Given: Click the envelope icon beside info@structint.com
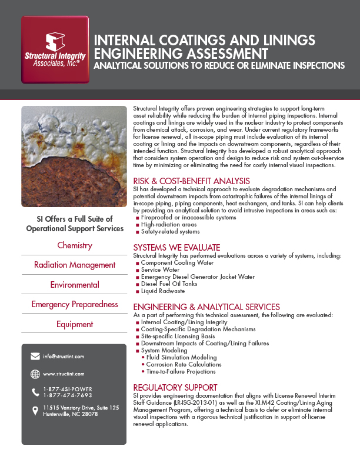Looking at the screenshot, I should click(35, 357).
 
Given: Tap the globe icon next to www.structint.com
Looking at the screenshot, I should click(35, 374).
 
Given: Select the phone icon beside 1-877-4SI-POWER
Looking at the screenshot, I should click(35, 392).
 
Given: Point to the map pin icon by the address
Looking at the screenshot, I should click(35, 410).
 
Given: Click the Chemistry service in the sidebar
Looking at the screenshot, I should click(75, 245).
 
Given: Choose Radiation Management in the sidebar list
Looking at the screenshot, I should click(75, 265).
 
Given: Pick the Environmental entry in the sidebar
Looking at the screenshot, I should click(75, 285).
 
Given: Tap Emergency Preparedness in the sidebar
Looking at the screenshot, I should click(75, 304).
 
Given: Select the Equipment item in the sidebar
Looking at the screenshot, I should click(75, 324).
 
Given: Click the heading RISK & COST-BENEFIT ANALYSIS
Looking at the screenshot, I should click(192, 181).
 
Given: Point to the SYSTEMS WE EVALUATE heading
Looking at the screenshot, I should click(176, 248).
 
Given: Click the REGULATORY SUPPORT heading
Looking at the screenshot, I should click(175, 387).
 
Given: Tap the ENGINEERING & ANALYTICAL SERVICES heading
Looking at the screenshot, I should click(206, 307).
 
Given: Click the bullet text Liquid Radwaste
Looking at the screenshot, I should click(163, 291).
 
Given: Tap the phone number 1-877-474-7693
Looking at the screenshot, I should click(68, 395).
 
